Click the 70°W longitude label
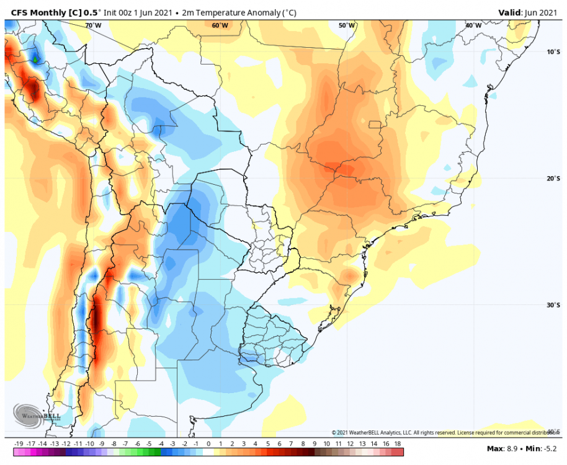click(93, 25)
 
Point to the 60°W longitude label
click(220, 25)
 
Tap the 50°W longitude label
click(347, 25)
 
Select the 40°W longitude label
click(473, 25)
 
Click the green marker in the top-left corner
click(35, 60)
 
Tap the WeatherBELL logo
click(37, 415)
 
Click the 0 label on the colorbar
click(208, 444)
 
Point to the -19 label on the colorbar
click(18, 444)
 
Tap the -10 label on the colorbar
click(90, 444)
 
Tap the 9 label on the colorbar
click(315, 444)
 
